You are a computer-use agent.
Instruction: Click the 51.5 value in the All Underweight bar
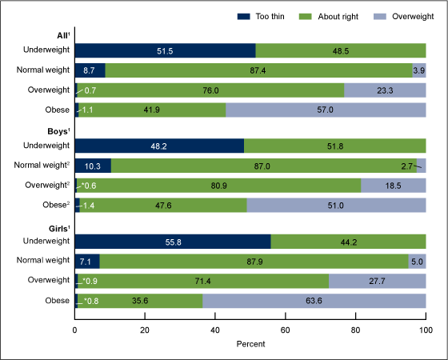[x=165, y=50]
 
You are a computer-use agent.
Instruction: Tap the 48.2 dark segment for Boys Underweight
[x=159, y=146]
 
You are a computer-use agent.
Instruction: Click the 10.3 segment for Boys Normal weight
[x=93, y=166]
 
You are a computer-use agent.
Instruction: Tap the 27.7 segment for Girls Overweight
[x=377, y=281]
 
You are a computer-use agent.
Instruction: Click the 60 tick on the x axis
[x=285, y=329]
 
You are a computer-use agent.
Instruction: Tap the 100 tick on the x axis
[x=425, y=329]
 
